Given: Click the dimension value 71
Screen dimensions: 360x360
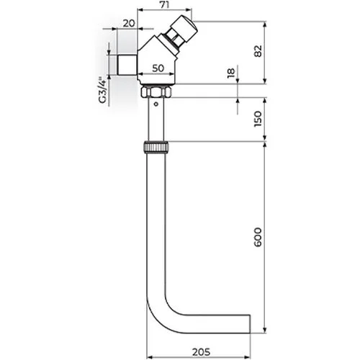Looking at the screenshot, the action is click(x=165, y=4).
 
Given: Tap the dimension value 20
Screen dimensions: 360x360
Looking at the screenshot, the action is click(x=129, y=23).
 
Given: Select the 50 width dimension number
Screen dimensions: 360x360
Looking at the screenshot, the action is click(x=158, y=68).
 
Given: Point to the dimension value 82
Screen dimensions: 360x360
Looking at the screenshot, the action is click(x=258, y=51).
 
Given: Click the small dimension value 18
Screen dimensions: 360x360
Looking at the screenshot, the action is click(x=231, y=73).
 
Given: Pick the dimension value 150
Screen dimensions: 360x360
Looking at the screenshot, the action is click(x=258, y=119).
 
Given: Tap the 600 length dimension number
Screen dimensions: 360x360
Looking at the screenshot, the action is click(x=258, y=238).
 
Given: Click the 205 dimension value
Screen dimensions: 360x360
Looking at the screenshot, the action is click(x=201, y=352).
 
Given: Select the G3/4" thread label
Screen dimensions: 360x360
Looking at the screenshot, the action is click(x=103, y=90).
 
